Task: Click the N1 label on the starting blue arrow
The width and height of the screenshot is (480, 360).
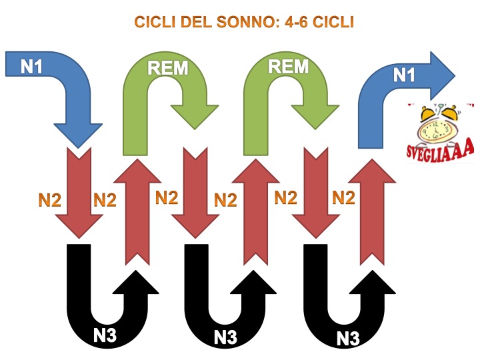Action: (32, 67)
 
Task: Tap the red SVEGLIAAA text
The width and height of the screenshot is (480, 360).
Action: (439, 150)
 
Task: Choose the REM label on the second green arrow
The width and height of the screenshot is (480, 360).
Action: (287, 67)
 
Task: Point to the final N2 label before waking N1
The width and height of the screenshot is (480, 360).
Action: (343, 197)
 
